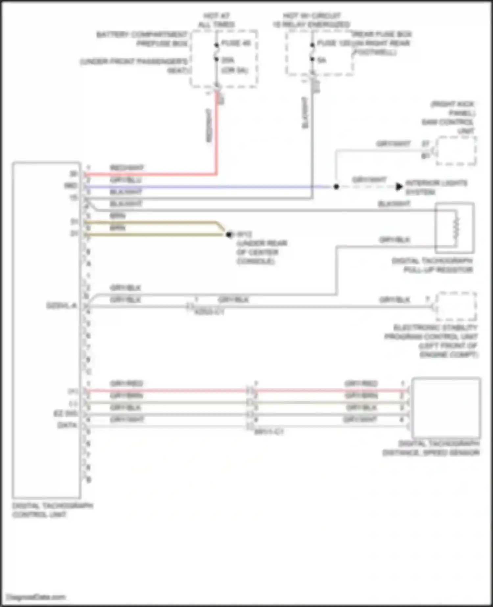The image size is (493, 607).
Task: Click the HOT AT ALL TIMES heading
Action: click(x=216, y=20)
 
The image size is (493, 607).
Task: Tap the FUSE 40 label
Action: click(x=236, y=43)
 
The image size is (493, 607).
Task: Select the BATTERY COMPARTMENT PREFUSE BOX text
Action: click(x=142, y=39)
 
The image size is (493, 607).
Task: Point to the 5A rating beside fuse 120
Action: click(x=322, y=60)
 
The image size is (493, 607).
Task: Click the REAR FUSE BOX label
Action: click(x=382, y=34)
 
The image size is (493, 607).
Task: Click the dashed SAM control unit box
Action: click(x=456, y=151)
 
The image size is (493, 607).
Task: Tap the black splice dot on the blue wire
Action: click(x=336, y=187)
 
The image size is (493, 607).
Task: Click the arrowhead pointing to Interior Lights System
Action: click(x=399, y=186)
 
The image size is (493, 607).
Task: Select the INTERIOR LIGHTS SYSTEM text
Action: click(x=436, y=187)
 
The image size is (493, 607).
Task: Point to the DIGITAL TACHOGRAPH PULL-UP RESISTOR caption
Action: click(x=433, y=265)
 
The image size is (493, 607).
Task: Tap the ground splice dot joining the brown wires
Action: click(x=229, y=234)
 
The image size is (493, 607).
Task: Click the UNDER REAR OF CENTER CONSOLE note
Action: click(x=261, y=252)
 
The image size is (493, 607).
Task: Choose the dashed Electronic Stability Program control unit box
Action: click(x=456, y=306)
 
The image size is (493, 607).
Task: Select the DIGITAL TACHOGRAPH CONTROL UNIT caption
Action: click(x=53, y=510)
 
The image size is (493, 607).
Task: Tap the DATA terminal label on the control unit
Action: click(x=67, y=425)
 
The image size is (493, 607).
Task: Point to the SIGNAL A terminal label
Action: click(x=61, y=306)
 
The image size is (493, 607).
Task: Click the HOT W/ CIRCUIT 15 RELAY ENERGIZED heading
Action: click(x=311, y=20)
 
